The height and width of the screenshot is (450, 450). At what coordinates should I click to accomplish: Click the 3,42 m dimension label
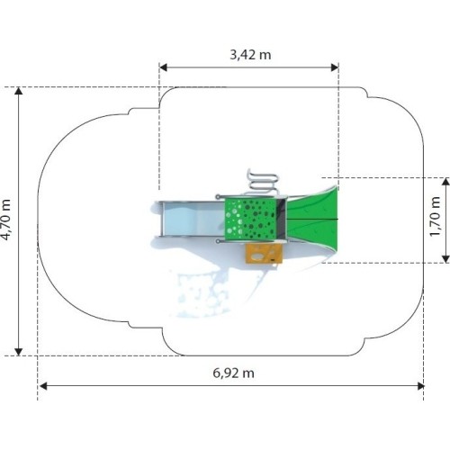click(250, 55)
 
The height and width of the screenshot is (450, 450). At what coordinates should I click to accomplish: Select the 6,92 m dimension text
click(233, 373)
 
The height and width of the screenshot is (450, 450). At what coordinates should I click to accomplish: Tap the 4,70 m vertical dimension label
click(6, 220)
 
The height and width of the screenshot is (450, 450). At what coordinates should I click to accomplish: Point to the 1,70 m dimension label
click(435, 217)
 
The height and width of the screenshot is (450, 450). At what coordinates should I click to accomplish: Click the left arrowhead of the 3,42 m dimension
click(163, 67)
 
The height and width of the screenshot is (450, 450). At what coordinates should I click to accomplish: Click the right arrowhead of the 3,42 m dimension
click(335, 67)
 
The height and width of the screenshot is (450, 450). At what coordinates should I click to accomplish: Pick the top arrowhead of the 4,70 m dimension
click(19, 91)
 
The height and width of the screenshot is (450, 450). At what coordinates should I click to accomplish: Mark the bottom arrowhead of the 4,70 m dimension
click(19, 352)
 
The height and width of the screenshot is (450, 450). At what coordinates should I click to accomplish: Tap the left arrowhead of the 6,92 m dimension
click(43, 386)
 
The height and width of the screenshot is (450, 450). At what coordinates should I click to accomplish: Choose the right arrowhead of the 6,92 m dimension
click(420, 386)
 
